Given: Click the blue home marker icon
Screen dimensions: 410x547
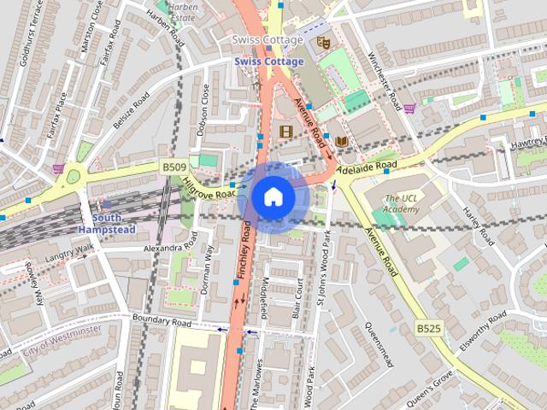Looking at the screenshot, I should (x=273, y=197).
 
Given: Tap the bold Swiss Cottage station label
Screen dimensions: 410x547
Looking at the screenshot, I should (x=270, y=61).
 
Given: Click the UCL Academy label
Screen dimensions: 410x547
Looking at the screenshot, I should (x=402, y=204).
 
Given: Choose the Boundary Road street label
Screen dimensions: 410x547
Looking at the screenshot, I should (x=162, y=322).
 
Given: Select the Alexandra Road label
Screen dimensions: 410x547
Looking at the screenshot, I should (x=170, y=248).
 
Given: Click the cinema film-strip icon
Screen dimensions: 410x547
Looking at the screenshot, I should (x=285, y=132).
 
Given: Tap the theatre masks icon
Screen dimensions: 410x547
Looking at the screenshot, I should (x=322, y=42).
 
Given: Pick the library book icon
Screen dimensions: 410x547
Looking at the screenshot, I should (x=341, y=141).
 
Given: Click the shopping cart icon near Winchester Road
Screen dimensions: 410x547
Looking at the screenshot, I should (x=410, y=108).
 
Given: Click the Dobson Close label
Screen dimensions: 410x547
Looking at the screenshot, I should (x=204, y=108).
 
